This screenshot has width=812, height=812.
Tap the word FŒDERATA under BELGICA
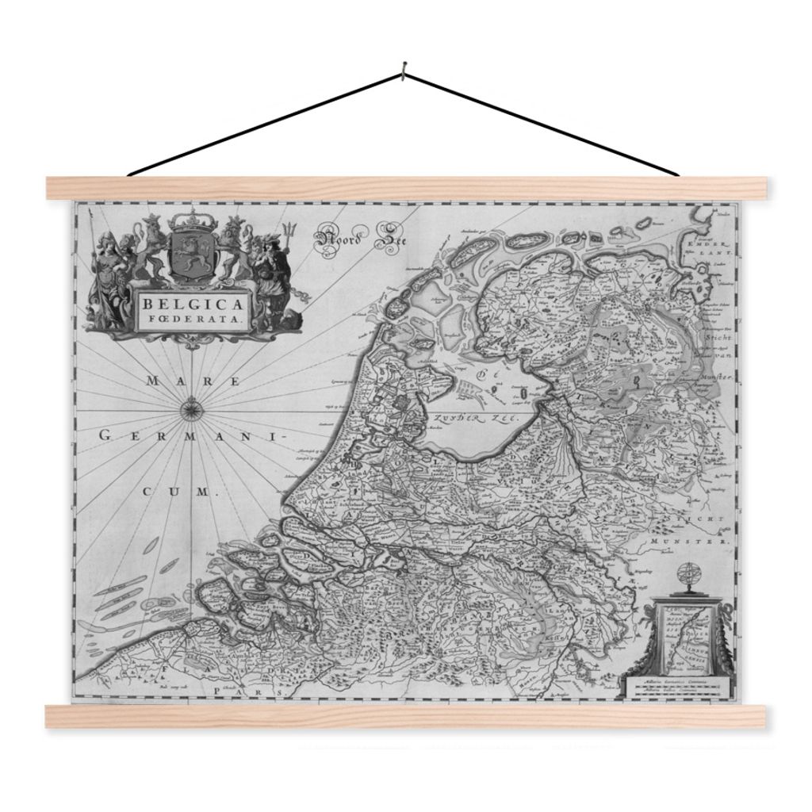193,321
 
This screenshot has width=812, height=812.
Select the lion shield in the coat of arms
188,255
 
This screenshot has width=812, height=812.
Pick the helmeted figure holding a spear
105,270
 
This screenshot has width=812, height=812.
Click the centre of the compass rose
192,410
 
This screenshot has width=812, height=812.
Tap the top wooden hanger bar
406,188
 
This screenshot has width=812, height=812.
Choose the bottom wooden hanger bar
406,716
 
